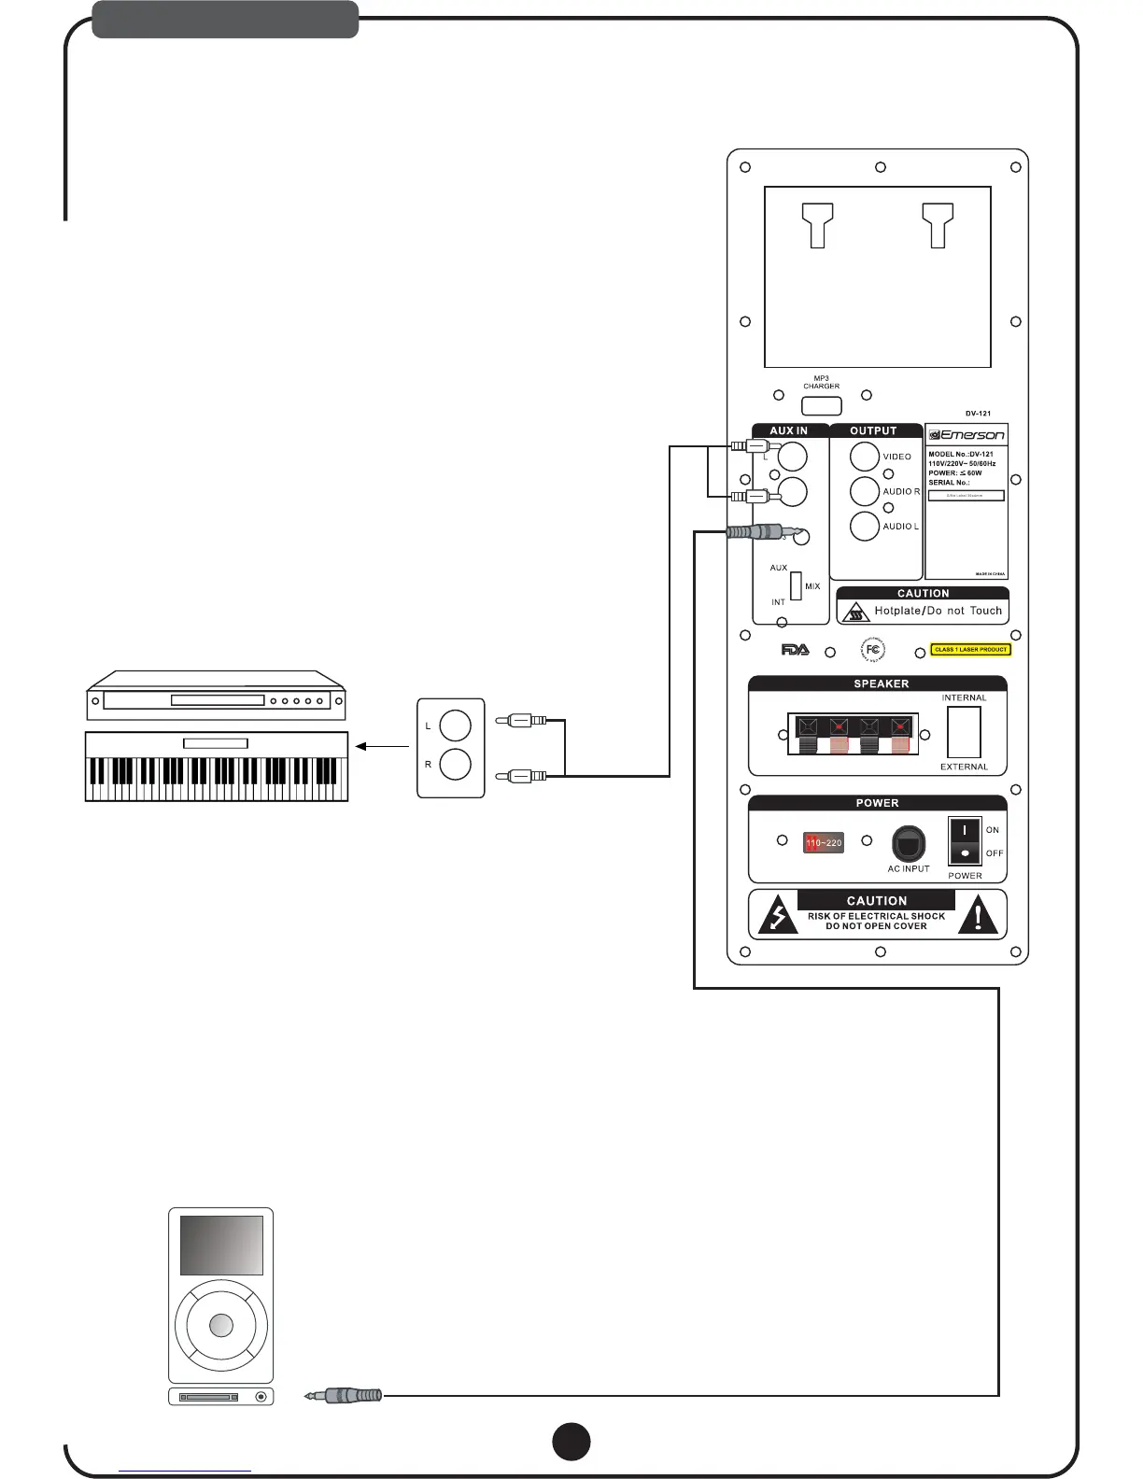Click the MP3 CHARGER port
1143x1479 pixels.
pos(822,406)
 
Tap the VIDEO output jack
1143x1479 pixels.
pos(865,457)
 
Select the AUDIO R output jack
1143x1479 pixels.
pos(865,491)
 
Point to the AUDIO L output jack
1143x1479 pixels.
pos(865,527)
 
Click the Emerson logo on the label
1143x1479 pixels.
pos(967,435)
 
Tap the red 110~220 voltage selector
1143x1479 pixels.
pos(824,842)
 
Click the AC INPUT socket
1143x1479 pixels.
pos(909,844)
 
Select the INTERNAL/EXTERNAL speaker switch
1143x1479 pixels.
pos(964,732)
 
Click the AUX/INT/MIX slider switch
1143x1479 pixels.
pos(796,585)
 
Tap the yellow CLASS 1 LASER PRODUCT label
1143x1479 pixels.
pos(971,650)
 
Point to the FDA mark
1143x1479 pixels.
pos(796,650)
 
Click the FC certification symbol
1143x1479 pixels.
pos(872,650)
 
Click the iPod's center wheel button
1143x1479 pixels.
pos(221,1325)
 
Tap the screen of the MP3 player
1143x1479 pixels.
pos(221,1246)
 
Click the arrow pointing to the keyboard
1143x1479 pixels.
pos(383,746)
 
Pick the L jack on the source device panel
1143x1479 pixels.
pos(455,725)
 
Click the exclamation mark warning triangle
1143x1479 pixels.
pos(978,914)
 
